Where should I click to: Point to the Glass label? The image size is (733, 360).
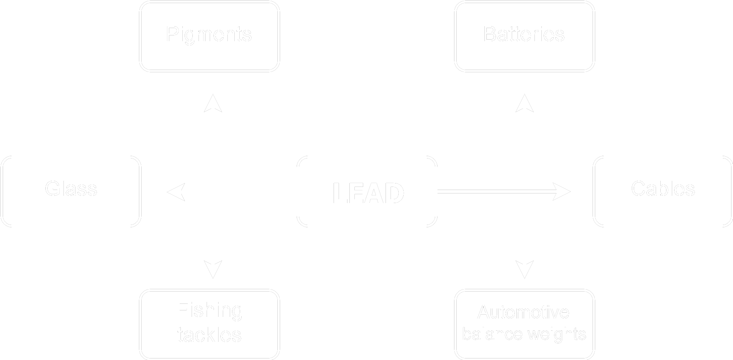pos(71,189)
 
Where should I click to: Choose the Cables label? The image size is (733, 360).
pos(663,189)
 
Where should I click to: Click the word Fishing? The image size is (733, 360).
pos(210,311)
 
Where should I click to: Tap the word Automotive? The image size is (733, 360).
pos(523,312)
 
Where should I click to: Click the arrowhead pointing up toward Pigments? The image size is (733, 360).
pos(213,104)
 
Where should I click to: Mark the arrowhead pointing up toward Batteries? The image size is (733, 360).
pos(524,104)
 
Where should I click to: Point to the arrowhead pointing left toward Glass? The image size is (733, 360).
pos(177,192)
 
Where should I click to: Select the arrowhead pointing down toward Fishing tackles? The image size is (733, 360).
pos(213,268)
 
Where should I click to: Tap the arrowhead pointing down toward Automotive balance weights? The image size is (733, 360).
pos(524,268)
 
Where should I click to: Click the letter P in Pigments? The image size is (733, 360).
pos(172,34)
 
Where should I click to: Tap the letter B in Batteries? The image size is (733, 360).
pos(490,34)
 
